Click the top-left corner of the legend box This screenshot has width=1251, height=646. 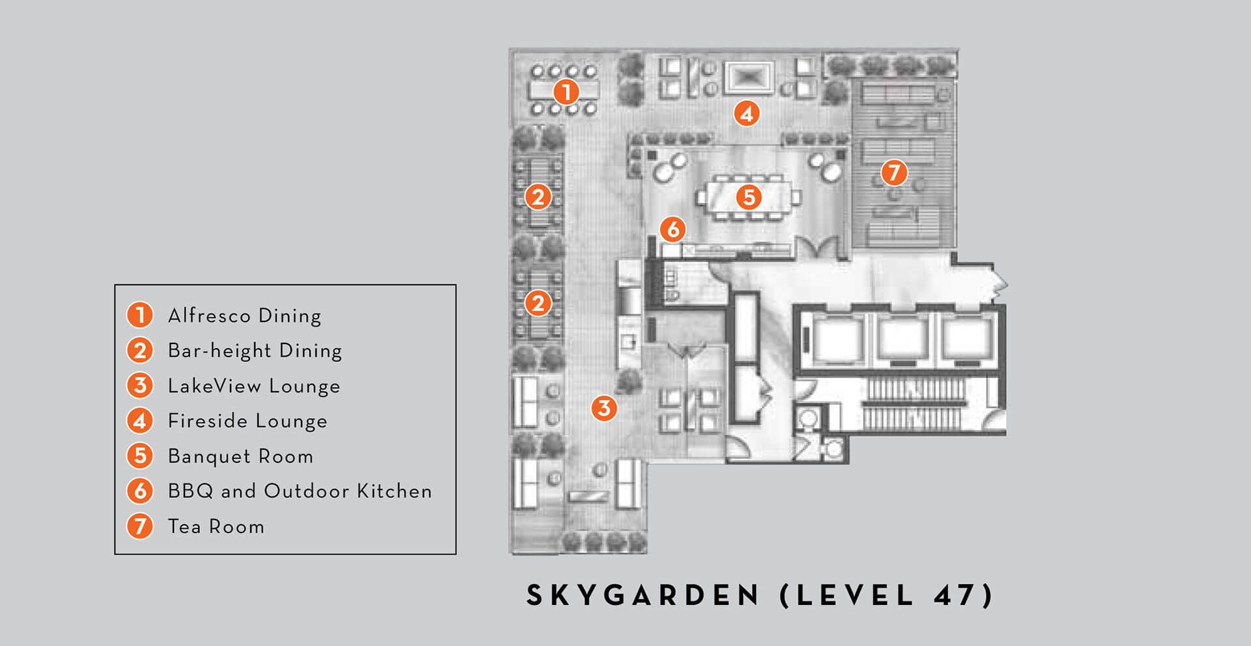[115, 285]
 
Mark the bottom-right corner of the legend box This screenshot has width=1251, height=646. [455, 554]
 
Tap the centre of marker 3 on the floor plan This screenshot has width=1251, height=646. [604, 408]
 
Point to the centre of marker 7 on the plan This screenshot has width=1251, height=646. [894, 173]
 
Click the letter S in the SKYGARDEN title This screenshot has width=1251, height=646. [535, 595]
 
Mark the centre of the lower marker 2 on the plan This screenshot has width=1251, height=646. [538, 303]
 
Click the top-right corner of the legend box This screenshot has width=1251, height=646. [455, 285]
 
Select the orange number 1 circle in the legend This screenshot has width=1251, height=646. [139, 315]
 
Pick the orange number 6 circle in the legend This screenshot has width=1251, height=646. [139, 491]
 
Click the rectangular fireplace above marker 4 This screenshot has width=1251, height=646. [749, 78]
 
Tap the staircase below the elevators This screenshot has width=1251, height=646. [913, 404]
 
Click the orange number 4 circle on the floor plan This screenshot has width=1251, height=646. [747, 113]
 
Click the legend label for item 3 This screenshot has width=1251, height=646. [254, 386]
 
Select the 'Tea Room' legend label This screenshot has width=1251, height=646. [216, 526]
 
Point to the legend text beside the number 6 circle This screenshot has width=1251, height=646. [300, 491]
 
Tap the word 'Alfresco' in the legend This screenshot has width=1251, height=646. [209, 316]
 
